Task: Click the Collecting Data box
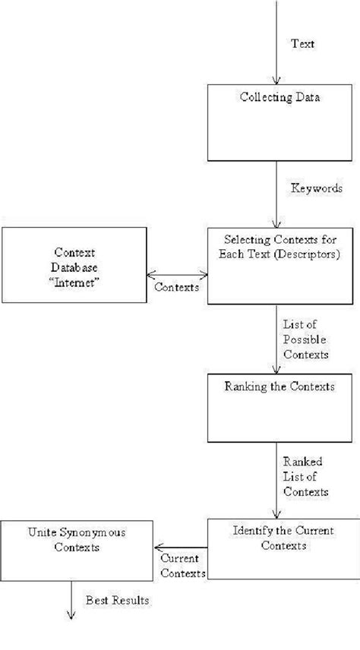(280, 121)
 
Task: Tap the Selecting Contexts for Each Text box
(280, 266)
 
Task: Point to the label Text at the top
(303, 44)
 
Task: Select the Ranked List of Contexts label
(305, 476)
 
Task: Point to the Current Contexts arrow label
(181, 566)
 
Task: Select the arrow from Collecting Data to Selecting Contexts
(277, 194)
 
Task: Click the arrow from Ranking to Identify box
(277, 478)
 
